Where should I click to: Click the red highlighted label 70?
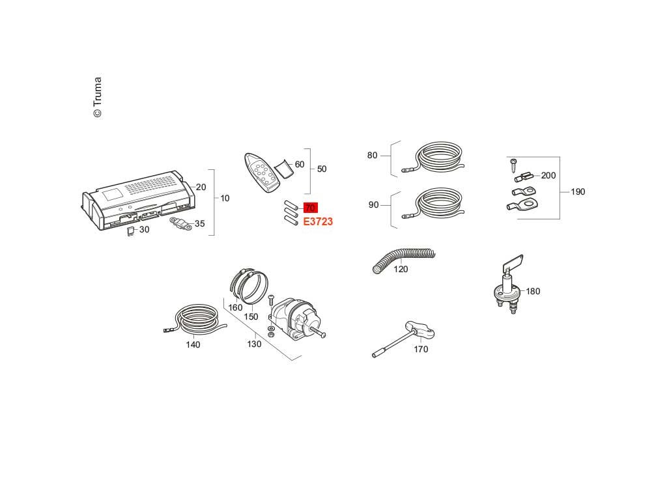coord(310,208)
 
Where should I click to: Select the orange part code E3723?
coord(318,222)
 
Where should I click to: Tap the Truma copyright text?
coord(97,98)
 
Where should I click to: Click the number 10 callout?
coord(225,198)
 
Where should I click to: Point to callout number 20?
coord(201,187)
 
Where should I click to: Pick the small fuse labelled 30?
coord(130,230)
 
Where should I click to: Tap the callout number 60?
coord(299,165)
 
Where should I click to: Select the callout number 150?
coord(251,317)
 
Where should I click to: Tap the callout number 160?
coord(235,307)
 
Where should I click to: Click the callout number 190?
coord(578,192)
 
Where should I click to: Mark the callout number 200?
coord(548,175)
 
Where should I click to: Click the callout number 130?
coord(255,344)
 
